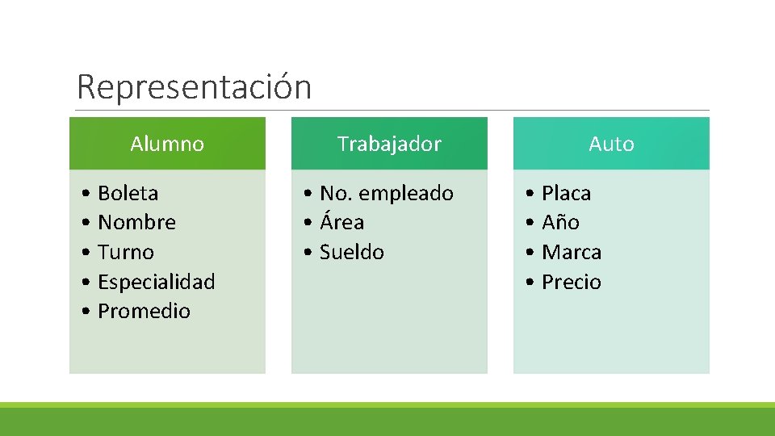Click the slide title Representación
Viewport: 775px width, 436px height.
tap(194, 87)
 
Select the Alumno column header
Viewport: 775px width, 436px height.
tap(167, 144)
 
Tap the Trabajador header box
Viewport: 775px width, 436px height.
tap(389, 144)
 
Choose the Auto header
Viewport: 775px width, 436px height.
tap(611, 144)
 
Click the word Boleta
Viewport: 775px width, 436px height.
tap(128, 193)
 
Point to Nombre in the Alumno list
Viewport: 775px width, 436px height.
tap(136, 222)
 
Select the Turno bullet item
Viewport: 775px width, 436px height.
tap(125, 252)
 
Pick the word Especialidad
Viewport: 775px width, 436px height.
tap(156, 282)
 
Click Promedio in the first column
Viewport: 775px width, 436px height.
tap(144, 311)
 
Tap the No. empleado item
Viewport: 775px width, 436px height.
tap(386, 193)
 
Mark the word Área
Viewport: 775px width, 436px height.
tap(341, 222)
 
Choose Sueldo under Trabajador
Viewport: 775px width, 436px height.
tap(351, 252)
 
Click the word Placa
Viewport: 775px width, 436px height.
tap(566, 193)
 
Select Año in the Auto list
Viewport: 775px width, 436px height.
tap(560, 222)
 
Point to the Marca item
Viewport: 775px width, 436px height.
tap(572, 252)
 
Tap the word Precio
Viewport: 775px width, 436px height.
tap(572, 282)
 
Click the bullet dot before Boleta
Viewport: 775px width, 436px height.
tap(86, 194)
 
